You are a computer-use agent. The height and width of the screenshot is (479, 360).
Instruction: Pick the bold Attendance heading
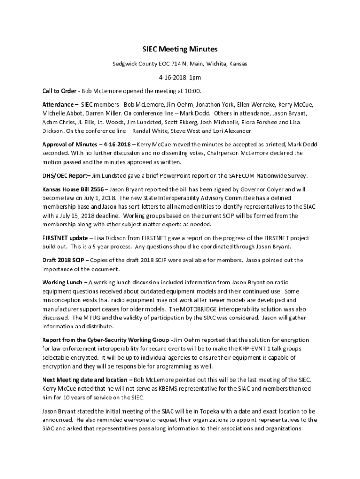[58, 104]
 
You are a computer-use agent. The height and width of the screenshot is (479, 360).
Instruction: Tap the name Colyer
[274, 189]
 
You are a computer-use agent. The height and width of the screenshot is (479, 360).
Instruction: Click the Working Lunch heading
[63, 283]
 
